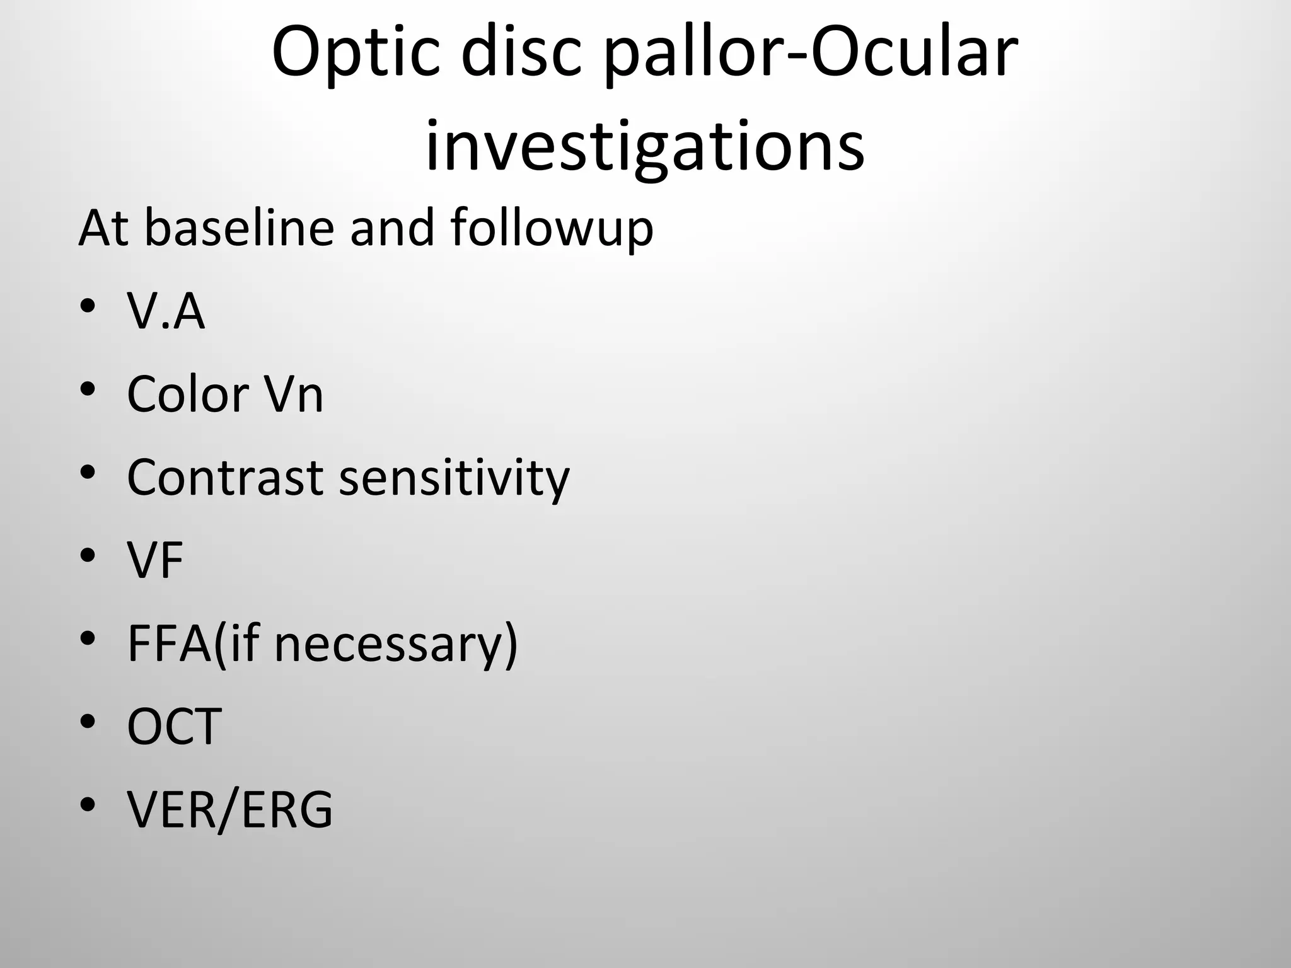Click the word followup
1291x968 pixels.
point(552,229)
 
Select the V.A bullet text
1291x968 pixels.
point(166,311)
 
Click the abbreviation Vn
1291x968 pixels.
point(293,395)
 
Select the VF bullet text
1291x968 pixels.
point(155,560)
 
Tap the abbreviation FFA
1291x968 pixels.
point(170,643)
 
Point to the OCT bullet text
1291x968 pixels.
point(174,727)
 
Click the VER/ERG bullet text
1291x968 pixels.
point(229,810)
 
